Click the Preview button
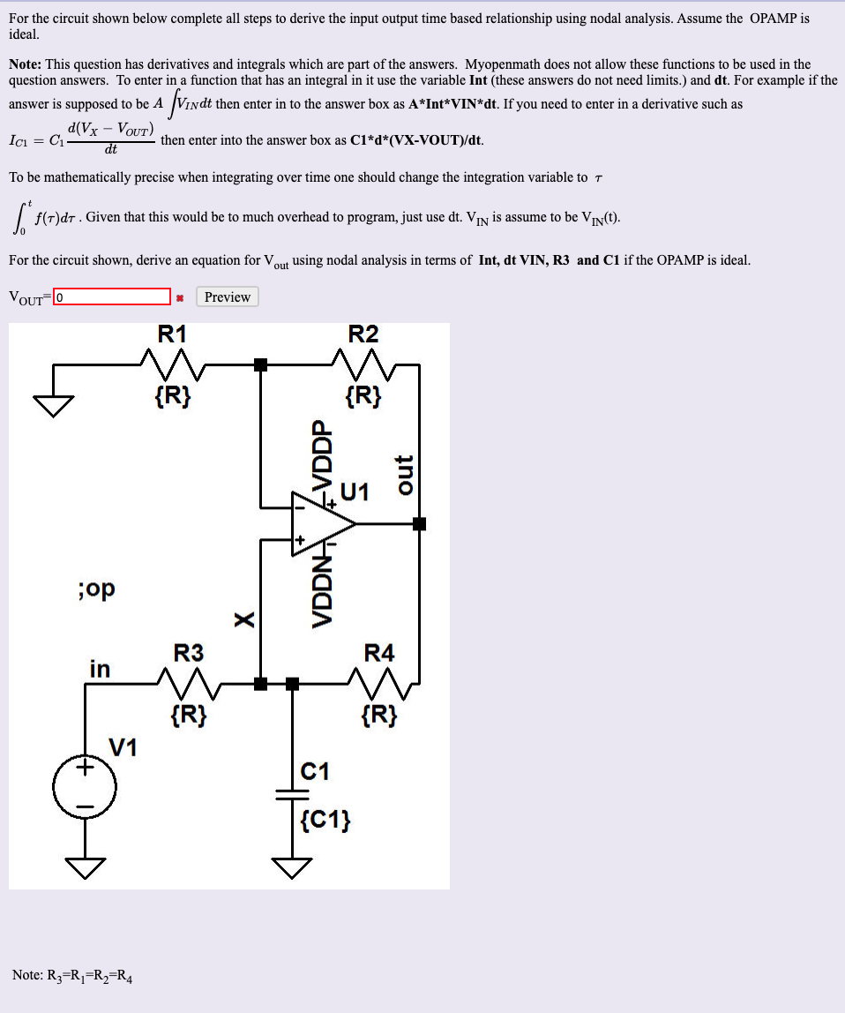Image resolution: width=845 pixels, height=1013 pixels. (228, 296)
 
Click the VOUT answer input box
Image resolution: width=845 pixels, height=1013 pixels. (112, 296)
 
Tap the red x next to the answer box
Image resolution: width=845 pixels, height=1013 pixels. (179, 297)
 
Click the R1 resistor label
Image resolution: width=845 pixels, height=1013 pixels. (172, 334)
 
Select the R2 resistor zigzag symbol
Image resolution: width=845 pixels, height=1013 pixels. (363, 363)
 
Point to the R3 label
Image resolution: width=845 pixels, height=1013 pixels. (188, 653)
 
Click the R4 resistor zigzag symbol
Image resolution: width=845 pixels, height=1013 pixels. (380, 681)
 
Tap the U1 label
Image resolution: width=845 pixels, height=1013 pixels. (354, 491)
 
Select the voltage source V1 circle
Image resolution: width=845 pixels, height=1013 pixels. (86, 788)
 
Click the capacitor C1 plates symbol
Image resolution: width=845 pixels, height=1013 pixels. (293, 794)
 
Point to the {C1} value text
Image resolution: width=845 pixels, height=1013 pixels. (325, 822)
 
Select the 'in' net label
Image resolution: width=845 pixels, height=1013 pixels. (100, 669)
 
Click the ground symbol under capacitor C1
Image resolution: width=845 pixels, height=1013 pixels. (293, 868)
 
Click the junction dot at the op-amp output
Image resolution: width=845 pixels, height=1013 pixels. (420, 523)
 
